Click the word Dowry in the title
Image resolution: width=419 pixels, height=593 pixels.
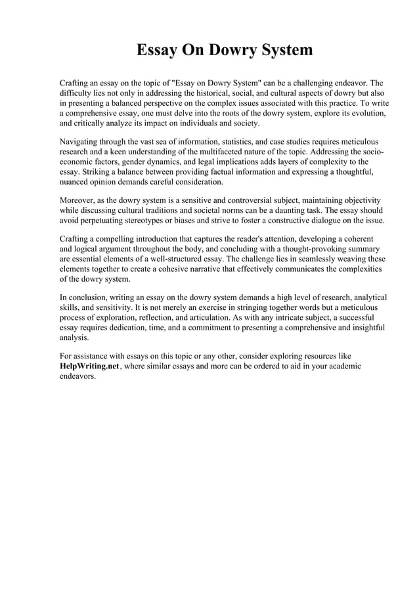coord(217,51)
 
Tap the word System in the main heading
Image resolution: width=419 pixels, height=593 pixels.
coord(280,51)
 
